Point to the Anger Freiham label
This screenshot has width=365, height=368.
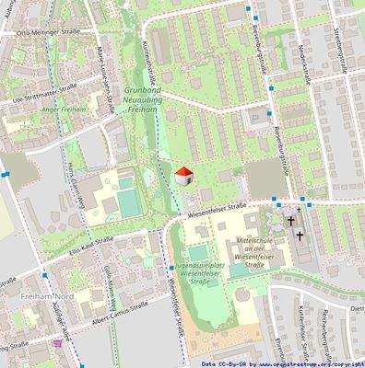tap(62, 109)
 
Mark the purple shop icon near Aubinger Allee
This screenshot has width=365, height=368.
tap(59, 342)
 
